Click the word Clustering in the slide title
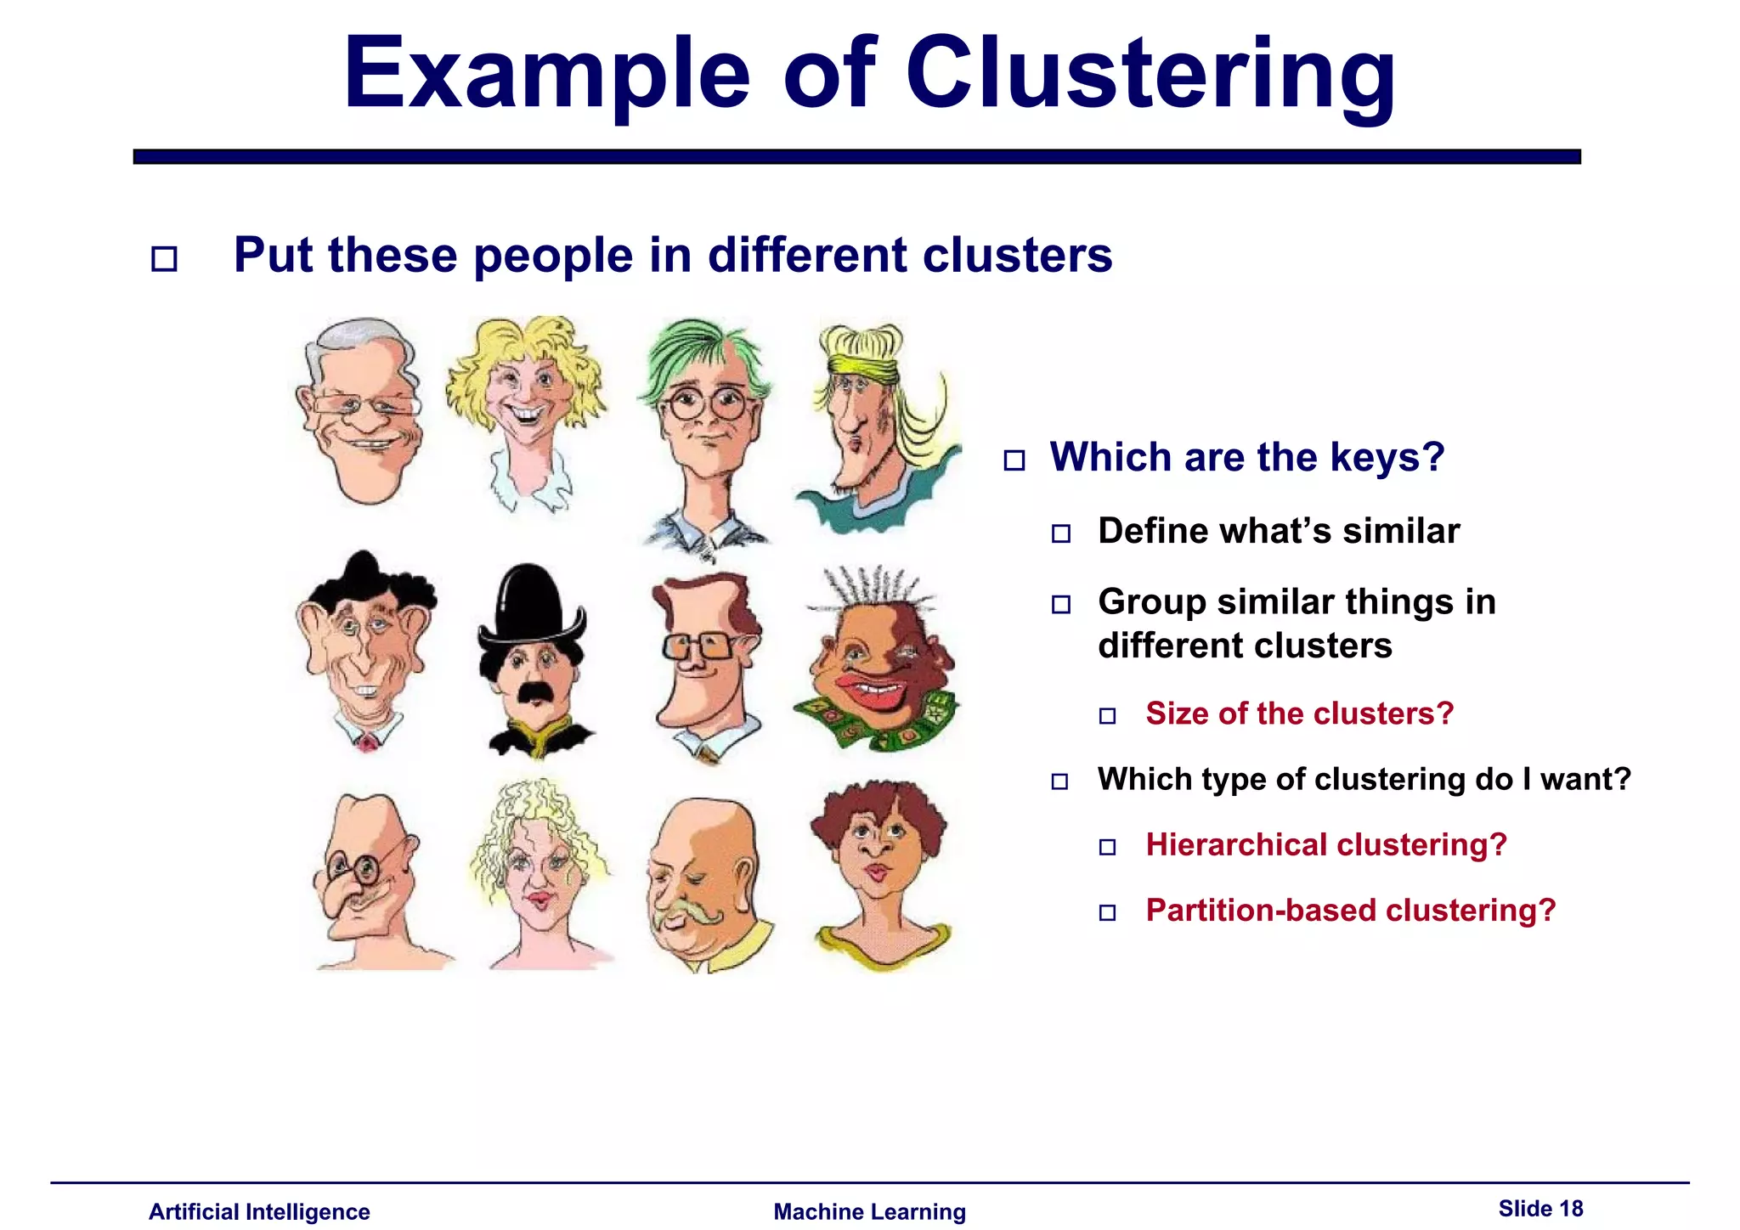coord(1150,76)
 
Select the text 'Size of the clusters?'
coord(1299,714)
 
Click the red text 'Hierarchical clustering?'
coord(1325,845)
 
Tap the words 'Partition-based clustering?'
coord(1350,911)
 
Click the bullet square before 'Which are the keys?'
coord(1014,460)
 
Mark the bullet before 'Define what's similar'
coord(1061,533)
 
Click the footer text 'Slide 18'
coord(1540,1209)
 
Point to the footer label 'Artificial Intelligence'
coord(259,1211)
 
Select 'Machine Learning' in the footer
coord(869,1211)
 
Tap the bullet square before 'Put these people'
coord(164,258)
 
